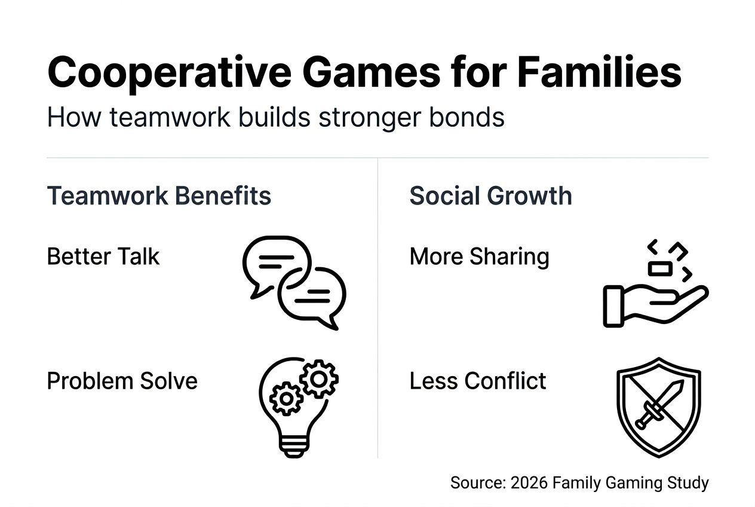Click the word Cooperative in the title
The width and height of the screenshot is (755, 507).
(x=168, y=73)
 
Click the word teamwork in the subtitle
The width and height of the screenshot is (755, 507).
(x=162, y=118)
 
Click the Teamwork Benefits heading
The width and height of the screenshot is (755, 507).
(x=159, y=196)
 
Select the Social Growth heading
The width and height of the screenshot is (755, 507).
(x=490, y=196)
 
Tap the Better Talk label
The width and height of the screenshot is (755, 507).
(x=103, y=256)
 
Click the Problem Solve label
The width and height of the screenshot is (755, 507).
(x=122, y=381)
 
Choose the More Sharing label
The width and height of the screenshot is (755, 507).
(x=479, y=256)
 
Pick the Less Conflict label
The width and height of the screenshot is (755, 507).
(x=477, y=381)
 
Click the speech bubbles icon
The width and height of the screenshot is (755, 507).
(x=294, y=282)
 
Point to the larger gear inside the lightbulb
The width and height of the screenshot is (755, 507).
(x=319, y=378)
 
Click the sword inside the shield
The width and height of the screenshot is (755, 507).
(x=658, y=405)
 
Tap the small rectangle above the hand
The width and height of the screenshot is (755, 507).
(x=660, y=269)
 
